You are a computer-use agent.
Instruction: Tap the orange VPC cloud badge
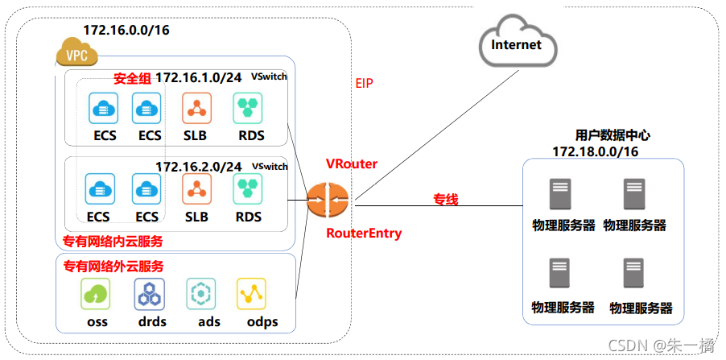point(76,56)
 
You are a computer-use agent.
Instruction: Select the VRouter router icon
point(328,199)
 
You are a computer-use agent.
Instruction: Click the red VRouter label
point(352,163)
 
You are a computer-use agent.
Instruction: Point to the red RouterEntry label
point(364,234)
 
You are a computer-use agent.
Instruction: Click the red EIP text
point(365,83)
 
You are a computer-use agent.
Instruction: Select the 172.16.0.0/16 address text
point(126,30)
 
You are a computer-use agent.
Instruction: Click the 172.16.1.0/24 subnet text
point(198,77)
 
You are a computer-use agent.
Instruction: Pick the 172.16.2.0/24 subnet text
point(198,167)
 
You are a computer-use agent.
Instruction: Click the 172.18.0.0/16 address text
point(595,151)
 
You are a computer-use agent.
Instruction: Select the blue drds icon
point(149,294)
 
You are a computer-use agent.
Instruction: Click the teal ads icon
point(200,294)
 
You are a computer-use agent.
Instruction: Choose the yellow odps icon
point(251,294)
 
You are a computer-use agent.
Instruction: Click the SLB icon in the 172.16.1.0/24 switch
point(196,108)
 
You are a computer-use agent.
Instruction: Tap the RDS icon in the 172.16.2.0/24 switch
point(248,189)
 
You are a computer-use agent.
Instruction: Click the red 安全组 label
point(132,78)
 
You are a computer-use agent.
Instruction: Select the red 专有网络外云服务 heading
point(113,266)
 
